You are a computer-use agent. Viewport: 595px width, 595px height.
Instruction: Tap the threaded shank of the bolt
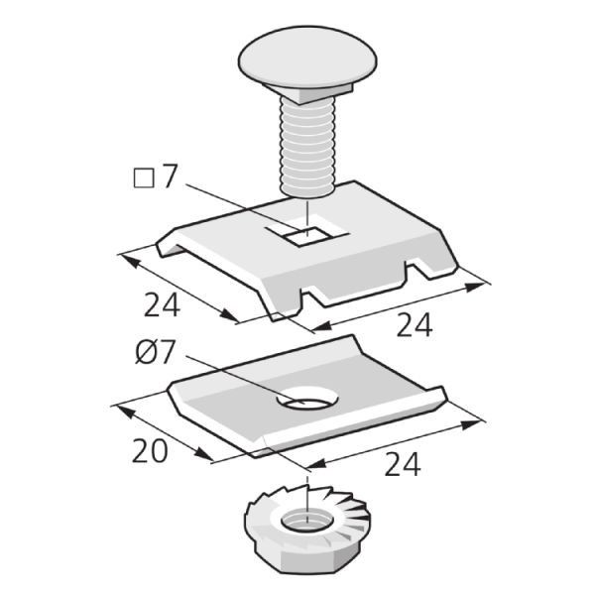tap(307, 147)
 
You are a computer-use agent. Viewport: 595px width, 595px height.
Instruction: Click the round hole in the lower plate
tap(307, 398)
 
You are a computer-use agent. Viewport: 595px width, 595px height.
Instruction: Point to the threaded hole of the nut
tap(307, 521)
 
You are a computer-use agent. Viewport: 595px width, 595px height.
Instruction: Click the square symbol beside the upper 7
tap(144, 178)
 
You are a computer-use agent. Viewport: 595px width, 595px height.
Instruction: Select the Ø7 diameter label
tap(155, 352)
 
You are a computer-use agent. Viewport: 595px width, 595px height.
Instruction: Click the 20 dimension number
tap(150, 450)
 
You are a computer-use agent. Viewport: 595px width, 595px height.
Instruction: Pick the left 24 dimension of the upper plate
tap(162, 305)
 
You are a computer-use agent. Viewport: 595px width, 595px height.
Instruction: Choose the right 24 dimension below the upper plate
tap(415, 325)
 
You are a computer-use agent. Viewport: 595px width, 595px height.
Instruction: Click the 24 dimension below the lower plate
tap(403, 464)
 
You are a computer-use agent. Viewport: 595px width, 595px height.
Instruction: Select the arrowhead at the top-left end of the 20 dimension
tap(125, 412)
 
